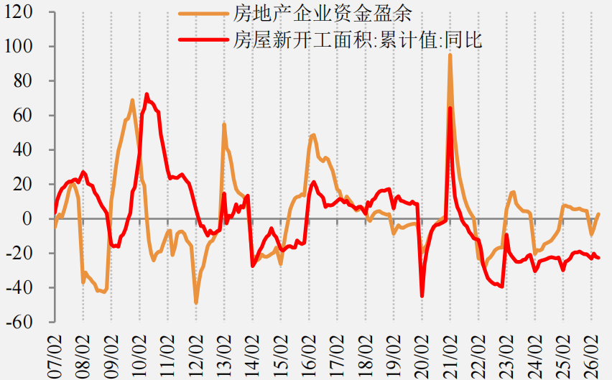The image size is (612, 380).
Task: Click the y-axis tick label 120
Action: (x=18, y=11)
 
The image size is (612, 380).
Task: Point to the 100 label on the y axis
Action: (x=18, y=46)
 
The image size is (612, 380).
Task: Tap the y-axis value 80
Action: (x=23, y=80)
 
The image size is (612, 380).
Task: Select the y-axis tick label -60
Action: (x=19, y=322)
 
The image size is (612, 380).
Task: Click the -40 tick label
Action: (x=19, y=287)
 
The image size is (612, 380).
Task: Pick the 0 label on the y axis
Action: (x=27, y=218)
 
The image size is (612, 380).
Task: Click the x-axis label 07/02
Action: (x=55, y=356)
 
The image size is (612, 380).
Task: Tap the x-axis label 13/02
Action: (x=224, y=356)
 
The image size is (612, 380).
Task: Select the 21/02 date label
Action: (x=450, y=356)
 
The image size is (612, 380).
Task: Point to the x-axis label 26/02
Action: (x=591, y=356)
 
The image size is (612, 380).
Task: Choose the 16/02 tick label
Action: (x=309, y=356)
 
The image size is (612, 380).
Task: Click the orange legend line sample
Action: (x=203, y=14)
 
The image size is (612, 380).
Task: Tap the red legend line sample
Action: (x=203, y=39)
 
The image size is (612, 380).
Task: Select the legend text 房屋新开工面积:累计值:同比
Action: (x=358, y=40)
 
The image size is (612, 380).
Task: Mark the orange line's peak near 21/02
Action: (x=450, y=55)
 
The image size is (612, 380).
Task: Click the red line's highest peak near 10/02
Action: (x=147, y=94)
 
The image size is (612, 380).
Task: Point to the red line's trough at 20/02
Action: (x=422, y=296)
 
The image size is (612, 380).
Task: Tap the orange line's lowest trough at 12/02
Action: (x=196, y=302)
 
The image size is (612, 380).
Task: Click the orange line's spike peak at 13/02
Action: (x=224, y=124)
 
